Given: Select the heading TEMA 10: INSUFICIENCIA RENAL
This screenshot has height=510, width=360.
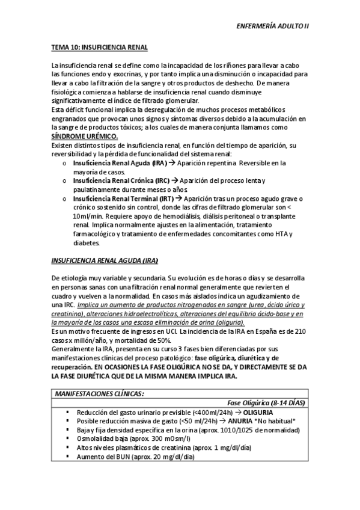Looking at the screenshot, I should point(99,47).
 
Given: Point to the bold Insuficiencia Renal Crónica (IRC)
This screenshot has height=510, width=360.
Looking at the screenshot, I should point(121,181).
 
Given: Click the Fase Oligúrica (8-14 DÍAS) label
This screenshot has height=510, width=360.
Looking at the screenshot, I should point(266,402).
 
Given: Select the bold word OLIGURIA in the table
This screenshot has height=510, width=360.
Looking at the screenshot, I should point(255,412).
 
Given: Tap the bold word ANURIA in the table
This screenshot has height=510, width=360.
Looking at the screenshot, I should point(241,421).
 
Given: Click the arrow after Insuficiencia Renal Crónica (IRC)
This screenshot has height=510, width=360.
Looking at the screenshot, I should point(175,181).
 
